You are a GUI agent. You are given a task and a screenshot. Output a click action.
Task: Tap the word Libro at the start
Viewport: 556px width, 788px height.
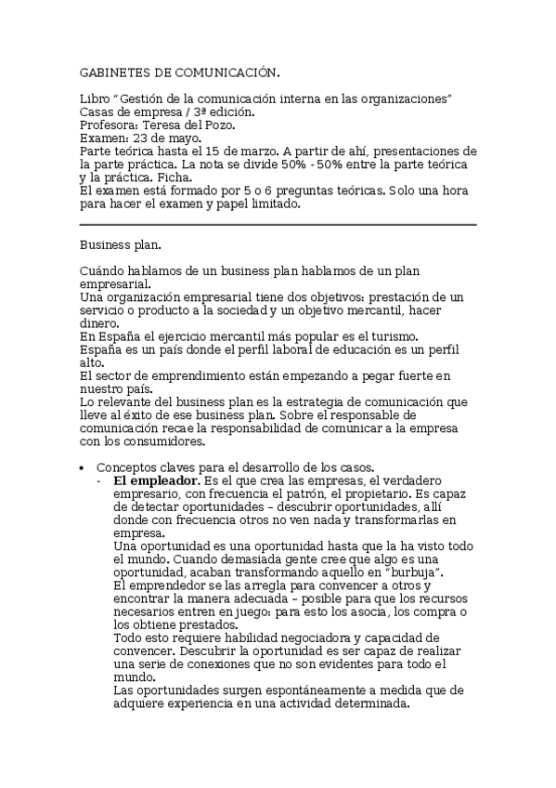[95, 98]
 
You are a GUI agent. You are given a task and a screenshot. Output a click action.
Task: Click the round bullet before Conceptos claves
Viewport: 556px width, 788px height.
[83, 467]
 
